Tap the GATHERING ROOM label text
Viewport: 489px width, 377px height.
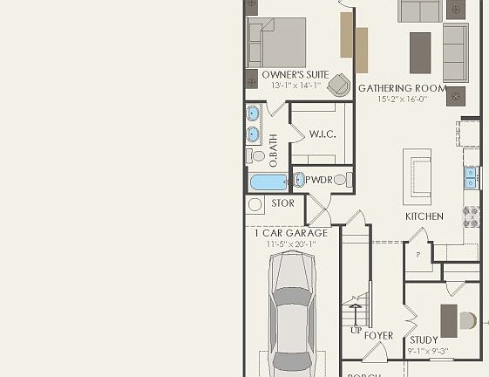click(x=402, y=89)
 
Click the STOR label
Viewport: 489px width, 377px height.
click(x=282, y=203)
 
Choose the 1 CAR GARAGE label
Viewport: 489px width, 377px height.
click(x=291, y=233)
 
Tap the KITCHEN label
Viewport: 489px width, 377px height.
click(x=424, y=216)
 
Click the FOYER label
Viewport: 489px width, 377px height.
click(x=378, y=336)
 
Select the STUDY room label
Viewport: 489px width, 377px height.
click(x=424, y=340)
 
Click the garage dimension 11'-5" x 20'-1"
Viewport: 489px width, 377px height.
click(x=291, y=244)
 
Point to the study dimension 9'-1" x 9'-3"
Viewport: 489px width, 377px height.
click(x=427, y=352)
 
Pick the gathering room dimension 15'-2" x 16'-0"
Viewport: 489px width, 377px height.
click(x=402, y=100)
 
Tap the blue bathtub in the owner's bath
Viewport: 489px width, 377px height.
click(x=268, y=183)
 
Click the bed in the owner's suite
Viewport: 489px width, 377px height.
click(x=277, y=43)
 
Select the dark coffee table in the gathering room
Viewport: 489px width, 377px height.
click(x=420, y=52)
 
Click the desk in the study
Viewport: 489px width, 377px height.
click(x=449, y=320)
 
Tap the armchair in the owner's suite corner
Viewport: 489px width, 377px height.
click(x=338, y=83)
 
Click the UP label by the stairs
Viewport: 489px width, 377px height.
click(x=356, y=331)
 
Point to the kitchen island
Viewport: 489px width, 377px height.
click(x=417, y=175)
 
